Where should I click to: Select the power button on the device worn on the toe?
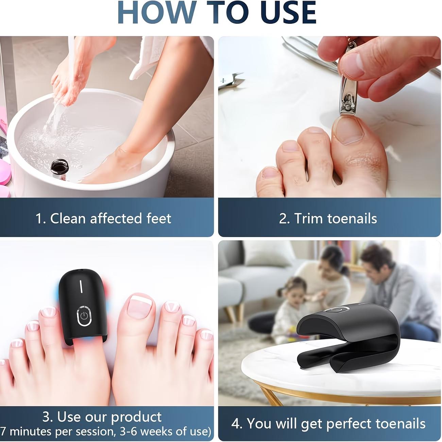pyautogui.click(x=84, y=316)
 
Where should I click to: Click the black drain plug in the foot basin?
pyautogui.click(x=58, y=167)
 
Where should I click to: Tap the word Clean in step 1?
pyautogui.click(x=68, y=218)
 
